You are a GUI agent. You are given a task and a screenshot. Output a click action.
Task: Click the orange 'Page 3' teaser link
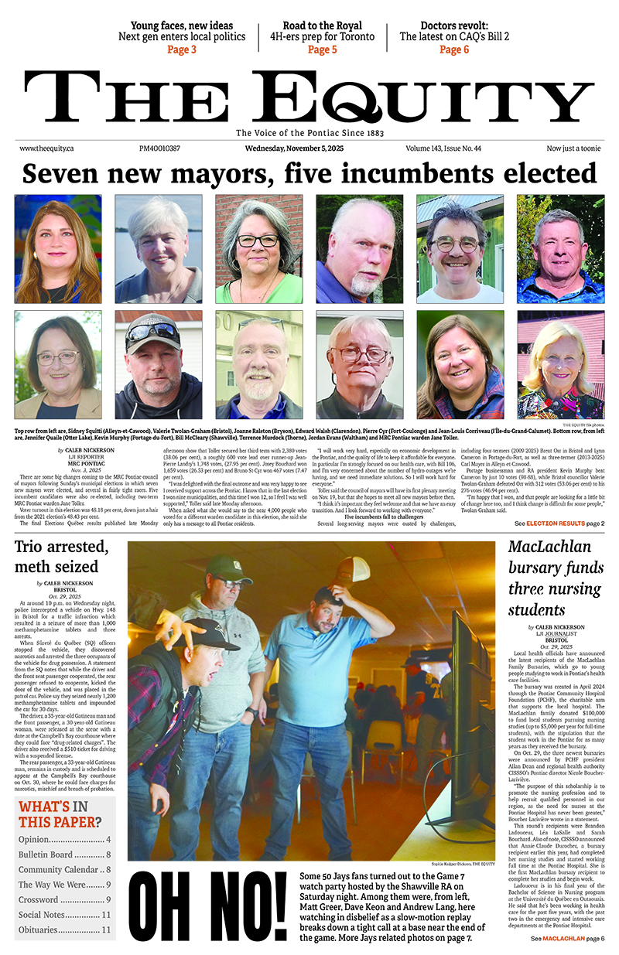tap(181, 50)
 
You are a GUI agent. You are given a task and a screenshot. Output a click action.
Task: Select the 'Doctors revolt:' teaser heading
tap(455, 25)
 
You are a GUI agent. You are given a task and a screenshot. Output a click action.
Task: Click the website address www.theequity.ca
tap(46, 148)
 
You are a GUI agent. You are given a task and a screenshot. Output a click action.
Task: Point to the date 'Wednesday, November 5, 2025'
tap(296, 148)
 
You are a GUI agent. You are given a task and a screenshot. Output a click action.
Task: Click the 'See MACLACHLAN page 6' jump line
tap(567, 938)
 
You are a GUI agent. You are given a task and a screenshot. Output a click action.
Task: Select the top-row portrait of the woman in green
tap(258, 249)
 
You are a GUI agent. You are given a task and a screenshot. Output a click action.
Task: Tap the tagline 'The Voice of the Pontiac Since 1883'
tap(309, 132)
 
